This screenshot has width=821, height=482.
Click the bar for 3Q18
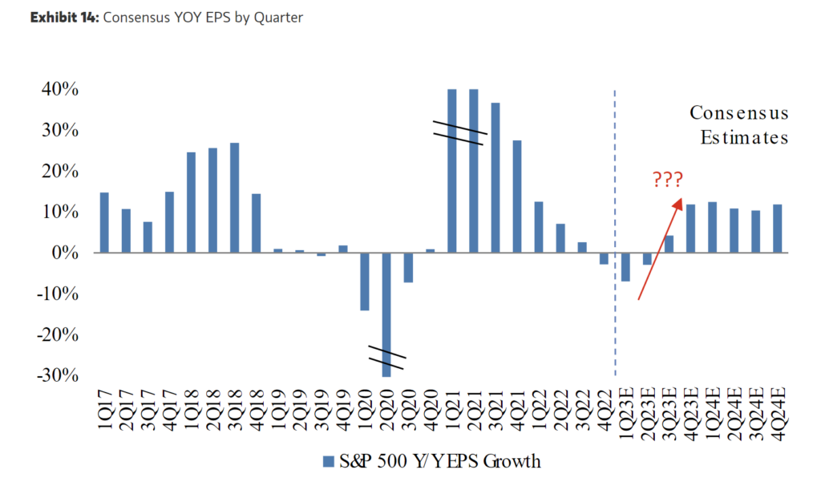tap(235, 197)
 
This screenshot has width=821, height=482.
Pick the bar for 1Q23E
tap(626, 267)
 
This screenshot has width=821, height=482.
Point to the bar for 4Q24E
tap(778, 229)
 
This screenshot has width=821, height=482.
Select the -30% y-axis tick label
tap(58, 375)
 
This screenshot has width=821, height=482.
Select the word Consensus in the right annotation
tap(739, 113)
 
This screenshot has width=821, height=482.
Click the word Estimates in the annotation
tap(744, 137)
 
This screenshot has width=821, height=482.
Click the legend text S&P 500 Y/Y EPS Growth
tap(439, 461)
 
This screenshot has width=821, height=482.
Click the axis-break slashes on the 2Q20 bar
tap(387, 358)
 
